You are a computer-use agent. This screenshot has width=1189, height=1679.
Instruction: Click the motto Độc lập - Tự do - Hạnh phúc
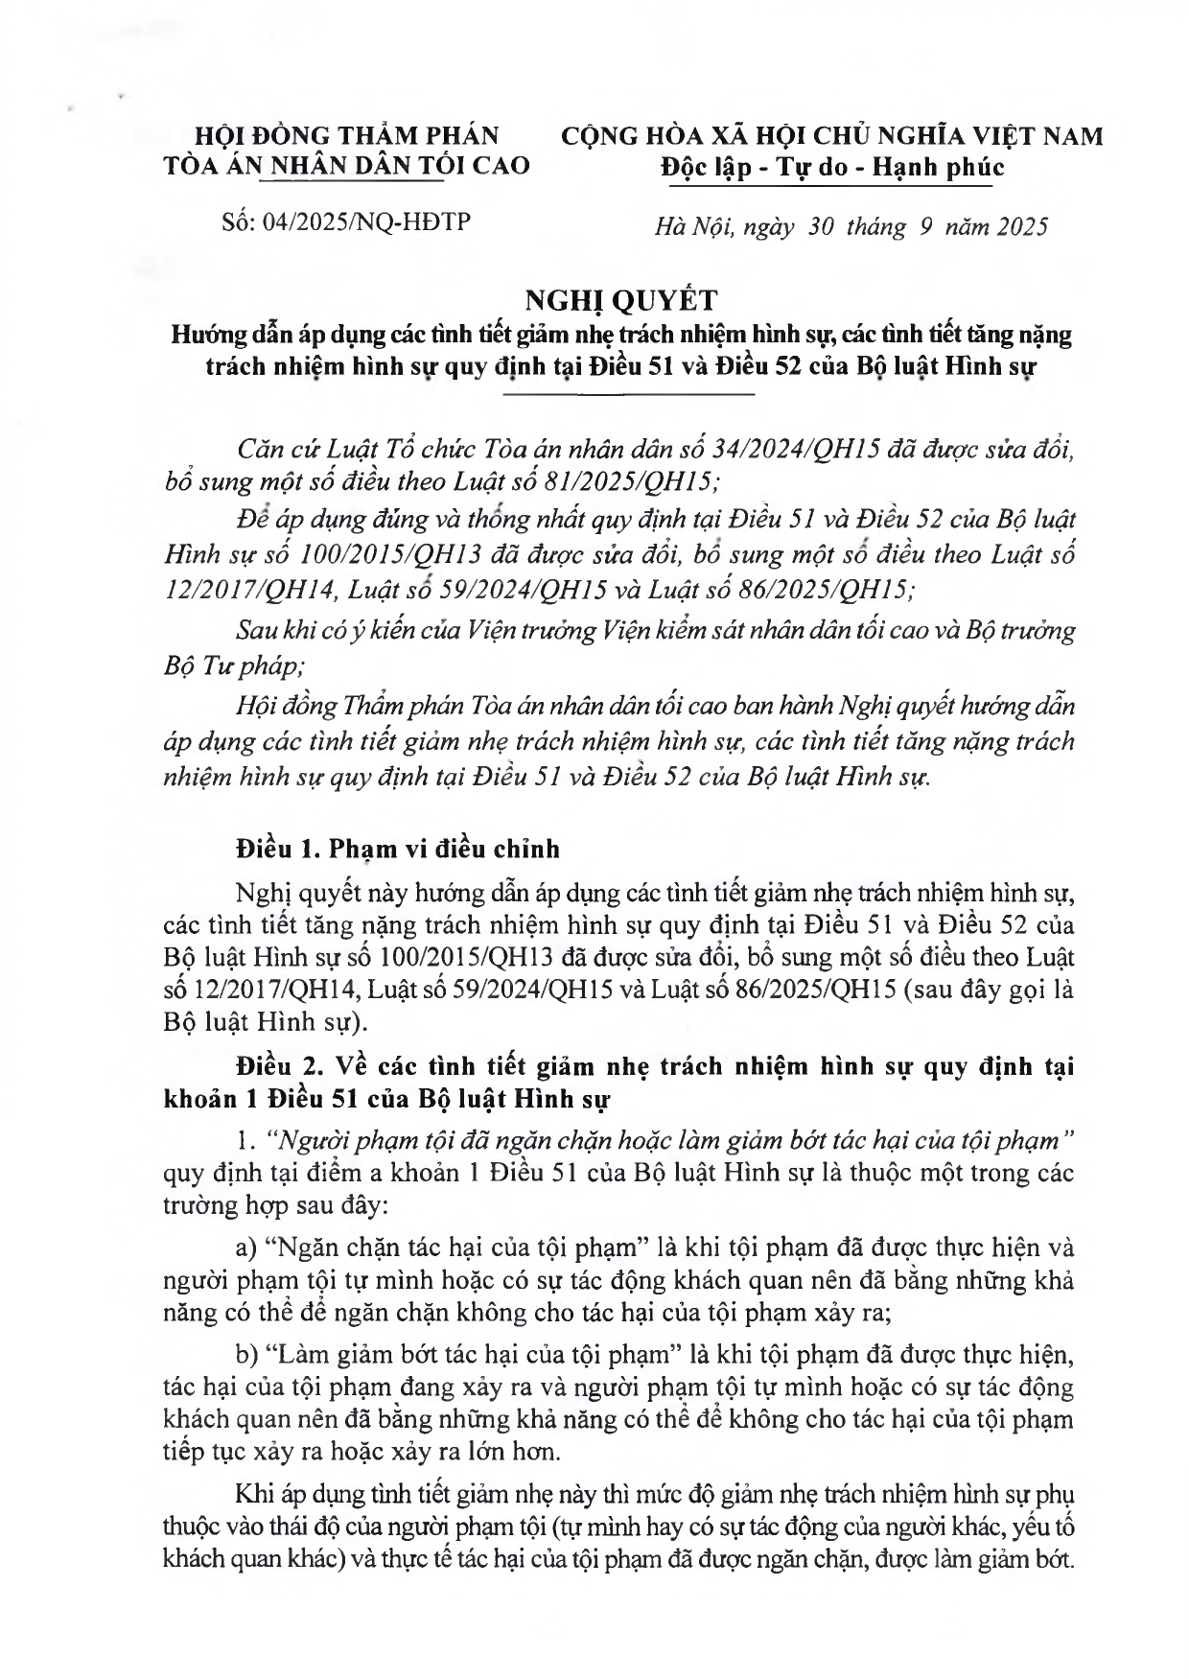click(x=831, y=167)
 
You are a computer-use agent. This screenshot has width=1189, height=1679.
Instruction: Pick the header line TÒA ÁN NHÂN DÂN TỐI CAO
click(x=346, y=165)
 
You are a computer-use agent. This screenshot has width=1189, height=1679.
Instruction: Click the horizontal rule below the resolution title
click(x=628, y=394)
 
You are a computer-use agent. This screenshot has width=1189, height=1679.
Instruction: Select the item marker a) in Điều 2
click(x=245, y=1248)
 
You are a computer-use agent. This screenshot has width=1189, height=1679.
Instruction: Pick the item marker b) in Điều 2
click(x=246, y=1356)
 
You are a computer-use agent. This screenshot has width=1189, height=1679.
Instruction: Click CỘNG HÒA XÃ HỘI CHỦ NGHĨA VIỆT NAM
click(x=831, y=136)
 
